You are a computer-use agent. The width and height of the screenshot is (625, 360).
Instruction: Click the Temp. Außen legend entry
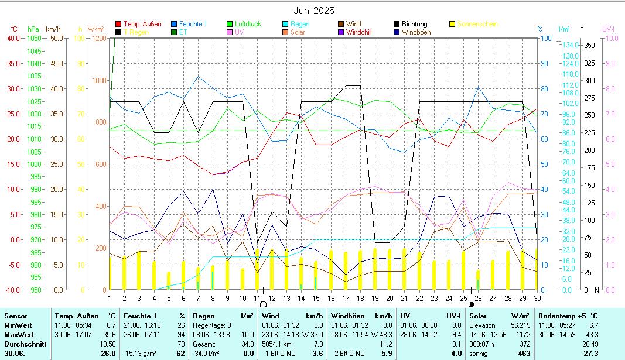coord(142,24)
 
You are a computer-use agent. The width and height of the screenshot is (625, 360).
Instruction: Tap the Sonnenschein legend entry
coord(477,24)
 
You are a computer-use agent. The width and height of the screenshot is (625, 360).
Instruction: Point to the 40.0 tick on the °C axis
coord(13,39)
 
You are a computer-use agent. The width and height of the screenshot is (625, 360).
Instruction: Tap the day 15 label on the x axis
coord(316,298)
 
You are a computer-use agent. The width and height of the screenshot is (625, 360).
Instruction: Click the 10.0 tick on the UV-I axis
coord(611,39)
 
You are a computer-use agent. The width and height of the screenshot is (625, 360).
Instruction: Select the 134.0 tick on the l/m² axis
coord(570,45)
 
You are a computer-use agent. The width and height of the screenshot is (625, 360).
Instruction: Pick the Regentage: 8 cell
coord(209,325)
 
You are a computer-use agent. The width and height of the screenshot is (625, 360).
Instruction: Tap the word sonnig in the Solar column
coord(479,354)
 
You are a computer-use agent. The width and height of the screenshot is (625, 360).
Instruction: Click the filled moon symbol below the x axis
coord(472,304)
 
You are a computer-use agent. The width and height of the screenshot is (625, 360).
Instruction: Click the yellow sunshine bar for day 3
coord(139,270)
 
